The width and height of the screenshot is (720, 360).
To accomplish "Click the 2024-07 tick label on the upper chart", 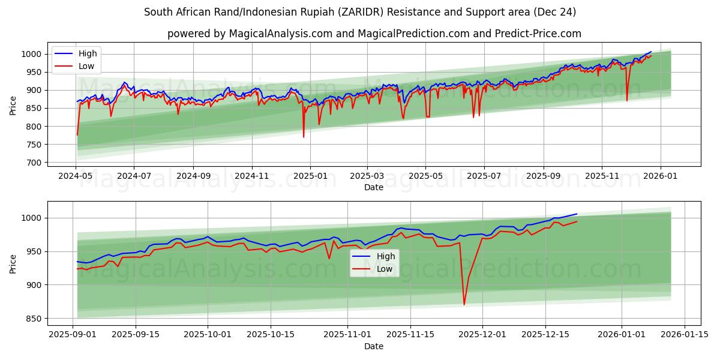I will click(x=133, y=176).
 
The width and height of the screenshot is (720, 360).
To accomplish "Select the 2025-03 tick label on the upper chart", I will click(x=366, y=176).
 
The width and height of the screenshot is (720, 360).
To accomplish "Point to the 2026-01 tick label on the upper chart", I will click(x=660, y=176).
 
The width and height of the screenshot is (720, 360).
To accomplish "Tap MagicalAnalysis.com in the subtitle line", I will click(x=281, y=34).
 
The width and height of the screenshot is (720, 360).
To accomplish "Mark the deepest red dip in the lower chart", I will click(x=464, y=304).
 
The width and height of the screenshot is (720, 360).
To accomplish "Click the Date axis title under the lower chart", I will click(x=374, y=346).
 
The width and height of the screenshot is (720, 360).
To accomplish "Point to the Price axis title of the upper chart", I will click(x=13, y=106).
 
